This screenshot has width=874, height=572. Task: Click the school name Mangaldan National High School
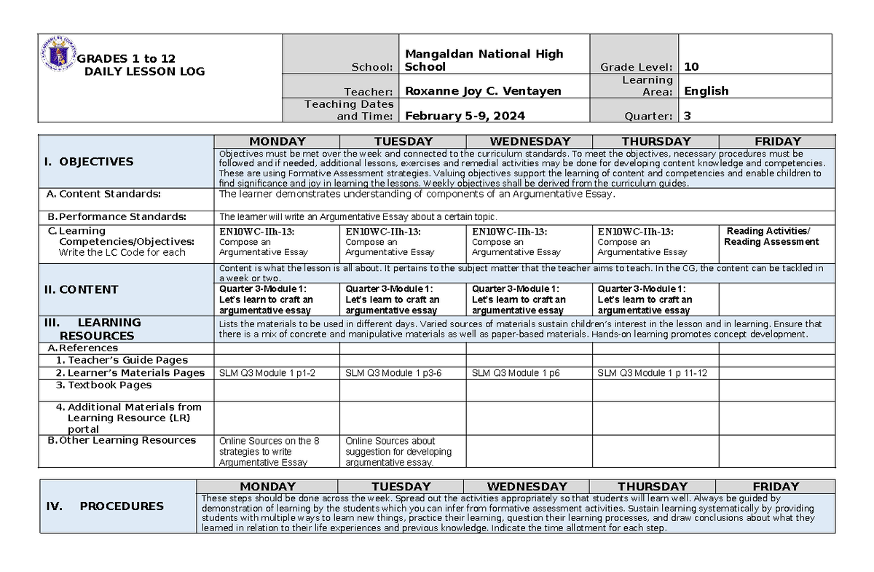click(x=484, y=60)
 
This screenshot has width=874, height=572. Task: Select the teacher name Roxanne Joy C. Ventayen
click(x=483, y=91)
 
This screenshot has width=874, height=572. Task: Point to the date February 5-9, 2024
click(x=465, y=116)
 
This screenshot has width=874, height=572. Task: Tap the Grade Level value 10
click(x=691, y=66)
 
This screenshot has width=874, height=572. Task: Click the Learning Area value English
click(x=706, y=91)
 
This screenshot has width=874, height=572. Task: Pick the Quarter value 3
click(x=688, y=116)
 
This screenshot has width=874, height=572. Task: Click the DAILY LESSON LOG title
click(x=144, y=71)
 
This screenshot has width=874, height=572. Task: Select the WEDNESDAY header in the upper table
click(x=529, y=141)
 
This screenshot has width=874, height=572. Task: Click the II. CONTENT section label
click(x=82, y=289)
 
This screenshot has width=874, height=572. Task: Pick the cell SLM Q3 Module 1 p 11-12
click(x=652, y=373)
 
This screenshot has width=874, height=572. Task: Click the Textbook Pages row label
click(x=109, y=385)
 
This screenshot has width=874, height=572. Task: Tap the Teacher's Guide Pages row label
click(x=127, y=360)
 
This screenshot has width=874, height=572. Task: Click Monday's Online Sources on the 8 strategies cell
click(x=269, y=451)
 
